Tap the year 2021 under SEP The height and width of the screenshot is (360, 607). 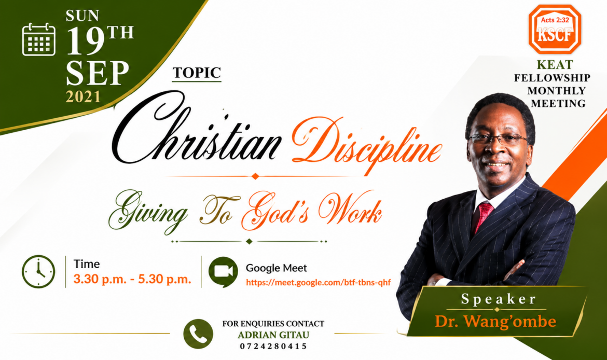(x=83, y=96)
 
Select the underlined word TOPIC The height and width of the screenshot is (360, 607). (x=197, y=73)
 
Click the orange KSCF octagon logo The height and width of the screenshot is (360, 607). (x=555, y=30)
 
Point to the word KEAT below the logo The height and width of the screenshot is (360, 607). (x=555, y=64)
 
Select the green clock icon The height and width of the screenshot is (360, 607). (x=38, y=271)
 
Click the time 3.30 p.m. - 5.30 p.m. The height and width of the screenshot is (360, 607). (x=132, y=279)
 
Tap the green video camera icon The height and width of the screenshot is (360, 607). (x=223, y=272)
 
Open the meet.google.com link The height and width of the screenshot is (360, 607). (x=318, y=282)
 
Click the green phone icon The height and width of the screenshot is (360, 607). (x=198, y=334)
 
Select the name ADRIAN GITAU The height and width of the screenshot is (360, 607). (x=273, y=335)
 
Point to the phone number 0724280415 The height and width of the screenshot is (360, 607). (x=273, y=346)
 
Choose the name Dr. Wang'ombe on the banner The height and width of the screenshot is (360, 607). (x=495, y=321)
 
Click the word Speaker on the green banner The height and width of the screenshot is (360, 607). (x=499, y=299)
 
